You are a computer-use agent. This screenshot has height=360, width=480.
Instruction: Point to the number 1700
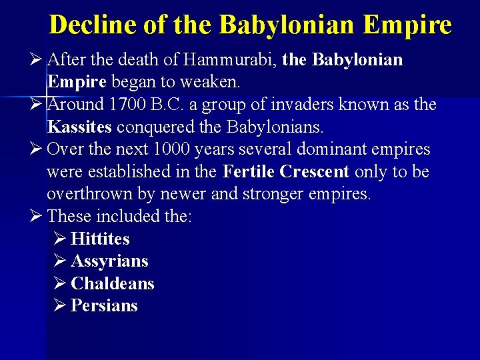[131, 105]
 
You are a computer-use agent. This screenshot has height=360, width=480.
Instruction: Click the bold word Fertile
[249, 172]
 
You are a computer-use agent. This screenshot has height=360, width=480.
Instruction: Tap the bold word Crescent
[315, 172]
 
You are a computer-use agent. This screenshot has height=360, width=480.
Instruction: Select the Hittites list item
[100, 239]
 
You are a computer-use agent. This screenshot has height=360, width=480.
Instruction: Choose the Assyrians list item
[109, 261]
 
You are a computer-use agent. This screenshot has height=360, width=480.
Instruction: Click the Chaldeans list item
[112, 283]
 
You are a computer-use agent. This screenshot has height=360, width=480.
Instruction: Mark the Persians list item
[104, 306]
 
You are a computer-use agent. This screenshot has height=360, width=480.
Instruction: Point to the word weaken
[215, 83]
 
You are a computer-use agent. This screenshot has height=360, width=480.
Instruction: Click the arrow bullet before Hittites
[59, 239]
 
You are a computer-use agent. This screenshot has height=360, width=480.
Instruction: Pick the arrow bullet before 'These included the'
[37, 216]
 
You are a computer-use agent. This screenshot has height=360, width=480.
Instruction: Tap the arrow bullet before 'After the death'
[37, 60]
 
